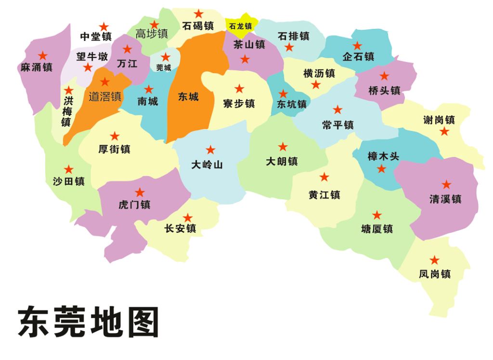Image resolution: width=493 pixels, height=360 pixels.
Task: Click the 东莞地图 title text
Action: pyautogui.click(x=89, y=322)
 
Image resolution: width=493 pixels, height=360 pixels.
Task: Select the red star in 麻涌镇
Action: pyautogui.click(x=43, y=55)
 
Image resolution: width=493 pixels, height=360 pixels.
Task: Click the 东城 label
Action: pyautogui.click(x=188, y=97)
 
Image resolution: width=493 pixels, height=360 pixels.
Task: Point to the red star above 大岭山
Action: pyautogui.click(x=210, y=150)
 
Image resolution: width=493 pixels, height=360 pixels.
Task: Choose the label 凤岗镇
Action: pyautogui.click(x=435, y=274)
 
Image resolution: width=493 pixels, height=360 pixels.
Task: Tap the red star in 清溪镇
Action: pyautogui.click(x=446, y=184)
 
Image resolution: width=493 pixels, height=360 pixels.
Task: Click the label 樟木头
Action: pyautogui.click(x=383, y=156)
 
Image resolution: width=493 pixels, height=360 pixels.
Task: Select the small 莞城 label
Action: pyautogui.click(x=164, y=68)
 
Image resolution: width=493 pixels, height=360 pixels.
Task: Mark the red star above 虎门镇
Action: pyautogui.click(x=140, y=193)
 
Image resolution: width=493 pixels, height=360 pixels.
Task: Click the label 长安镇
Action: pyautogui.click(x=180, y=229)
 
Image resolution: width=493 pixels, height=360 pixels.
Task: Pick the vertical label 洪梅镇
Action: pyautogui.click(x=67, y=111)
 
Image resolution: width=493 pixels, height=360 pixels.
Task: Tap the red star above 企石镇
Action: pyautogui.click(x=357, y=46)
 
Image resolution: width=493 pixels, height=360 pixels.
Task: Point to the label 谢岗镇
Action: pyautogui.click(x=439, y=120)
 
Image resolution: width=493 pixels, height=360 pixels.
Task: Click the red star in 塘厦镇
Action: pyautogui.click(x=377, y=215)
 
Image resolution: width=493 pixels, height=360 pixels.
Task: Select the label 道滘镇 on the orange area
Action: pyautogui.click(x=105, y=96)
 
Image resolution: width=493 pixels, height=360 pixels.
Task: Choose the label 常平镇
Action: pyautogui.click(x=338, y=125)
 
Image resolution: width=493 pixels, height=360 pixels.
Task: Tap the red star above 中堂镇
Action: pyautogui.click(x=104, y=27)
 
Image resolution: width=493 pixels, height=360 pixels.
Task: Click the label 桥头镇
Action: pyautogui.click(x=384, y=90)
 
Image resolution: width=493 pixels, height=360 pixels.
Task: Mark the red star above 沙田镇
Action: pyautogui.click(x=69, y=169)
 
